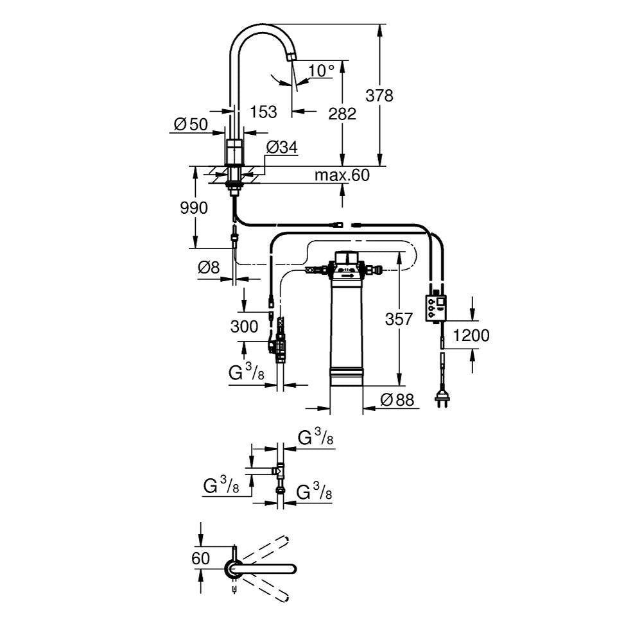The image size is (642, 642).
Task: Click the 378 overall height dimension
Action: tap(379, 96)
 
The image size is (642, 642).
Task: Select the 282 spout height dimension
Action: tap(342, 114)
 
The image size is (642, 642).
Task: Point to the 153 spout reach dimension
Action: tap(263, 112)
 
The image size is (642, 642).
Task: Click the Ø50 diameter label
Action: tap(191, 125)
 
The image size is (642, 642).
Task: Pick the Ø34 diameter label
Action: tap(281, 147)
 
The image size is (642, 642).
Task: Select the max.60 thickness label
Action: tap(342, 175)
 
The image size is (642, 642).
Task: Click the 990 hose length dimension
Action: tap(193, 208)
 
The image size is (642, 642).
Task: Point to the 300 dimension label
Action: tap(244, 326)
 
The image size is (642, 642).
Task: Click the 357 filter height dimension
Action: tap(399, 318)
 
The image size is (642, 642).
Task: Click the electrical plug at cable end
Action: tap(442, 399)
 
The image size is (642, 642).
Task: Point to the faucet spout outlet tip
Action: tap(291, 58)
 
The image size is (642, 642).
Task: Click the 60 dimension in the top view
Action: tap(201, 559)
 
